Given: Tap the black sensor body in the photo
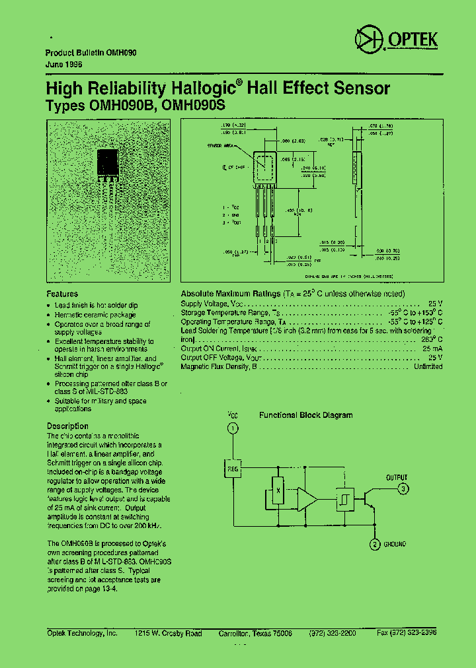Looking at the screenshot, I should click(x=108, y=162).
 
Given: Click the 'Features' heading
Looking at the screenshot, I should click(x=62, y=294).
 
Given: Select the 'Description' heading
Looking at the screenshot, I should click(x=67, y=426).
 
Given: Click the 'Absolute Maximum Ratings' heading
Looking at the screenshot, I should click(x=230, y=294).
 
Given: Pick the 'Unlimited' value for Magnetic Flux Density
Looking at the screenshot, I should click(x=428, y=366).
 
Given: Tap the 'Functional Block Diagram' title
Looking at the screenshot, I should click(x=305, y=415).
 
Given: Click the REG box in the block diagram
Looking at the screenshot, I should click(x=232, y=468).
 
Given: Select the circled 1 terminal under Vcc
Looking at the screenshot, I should click(x=232, y=429).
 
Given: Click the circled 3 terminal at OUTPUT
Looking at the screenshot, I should click(x=403, y=489).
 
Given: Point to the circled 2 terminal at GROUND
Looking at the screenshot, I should click(x=374, y=544).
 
